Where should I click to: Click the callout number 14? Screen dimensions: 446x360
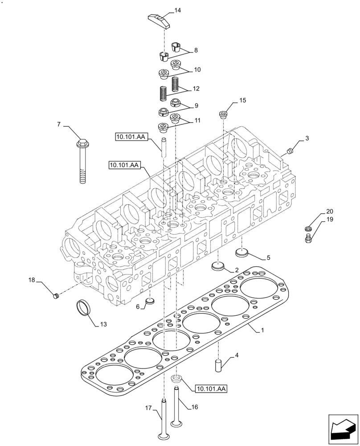click(x=178, y=10)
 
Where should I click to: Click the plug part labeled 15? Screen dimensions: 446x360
click(x=223, y=115)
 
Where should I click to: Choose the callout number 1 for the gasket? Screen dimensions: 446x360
click(x=263, y=330)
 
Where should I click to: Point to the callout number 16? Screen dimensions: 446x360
click(x=194, y=407)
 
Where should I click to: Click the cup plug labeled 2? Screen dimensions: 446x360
click(x=218, y=267)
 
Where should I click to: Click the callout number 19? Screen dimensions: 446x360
click(x=329, y=219)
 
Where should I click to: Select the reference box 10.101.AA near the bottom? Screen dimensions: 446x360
click(x=211, y=389)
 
